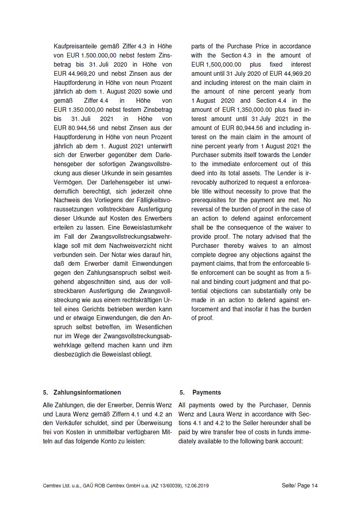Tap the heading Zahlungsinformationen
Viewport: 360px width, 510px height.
(x=87, y=393)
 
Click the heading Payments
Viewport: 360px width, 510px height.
(x=207, y=393)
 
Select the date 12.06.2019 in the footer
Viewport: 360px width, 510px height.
(x=197, y=486)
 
